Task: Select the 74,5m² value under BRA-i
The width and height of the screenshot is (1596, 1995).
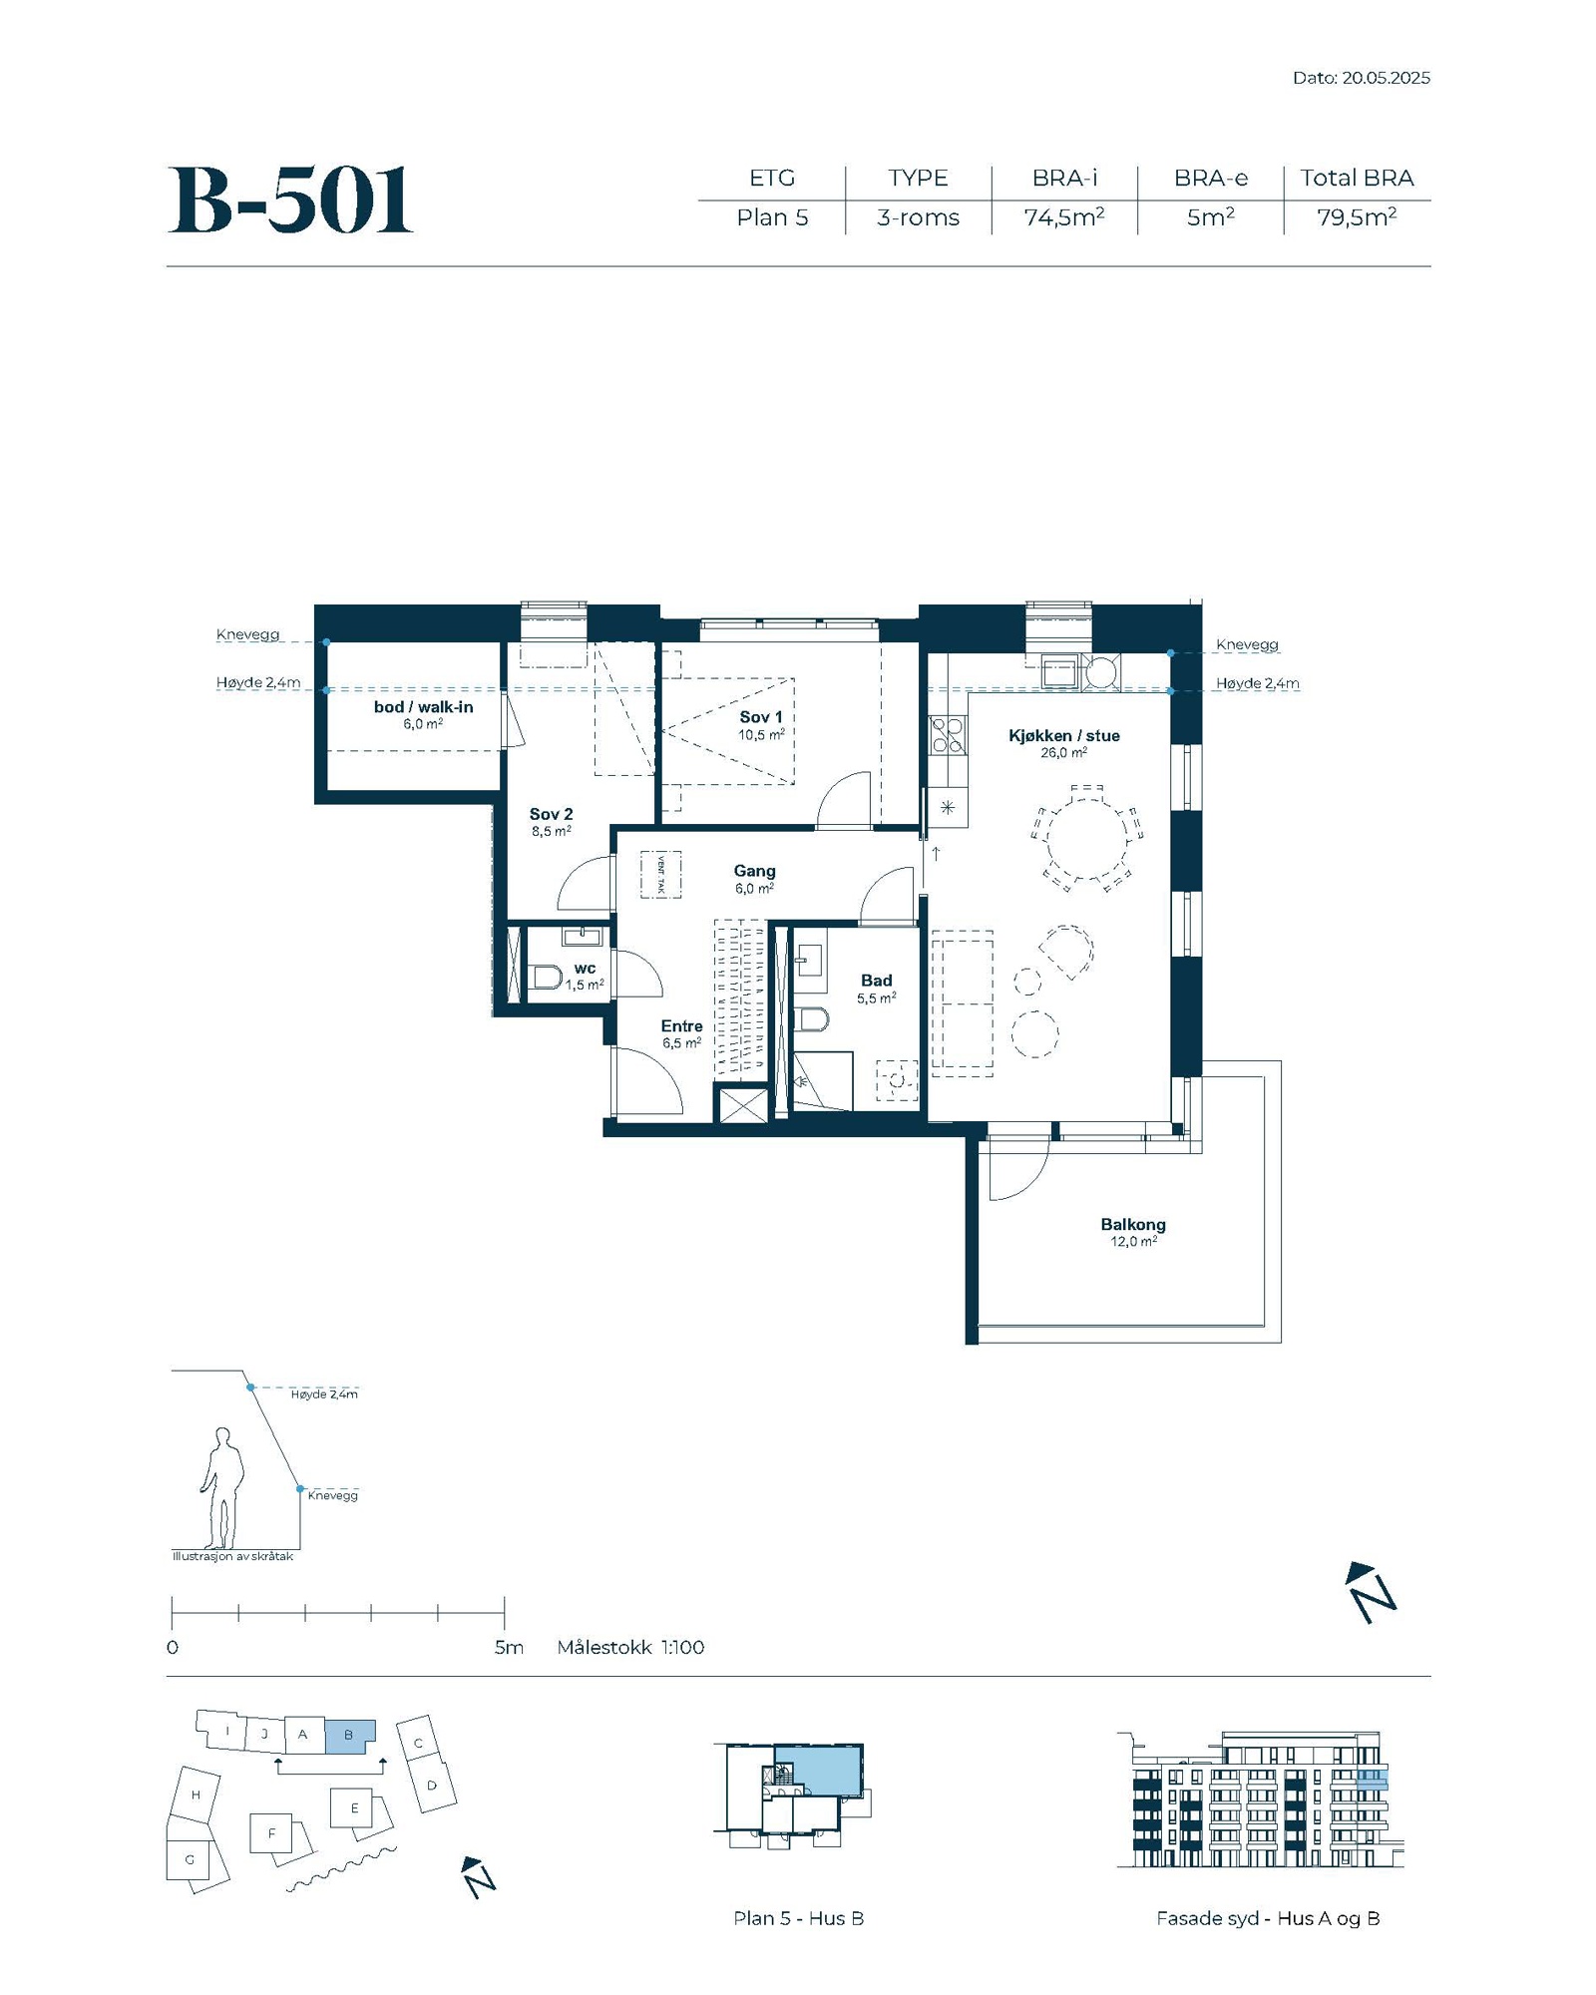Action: (1064, 217)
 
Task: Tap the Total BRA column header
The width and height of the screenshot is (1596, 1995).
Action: (1357, 178)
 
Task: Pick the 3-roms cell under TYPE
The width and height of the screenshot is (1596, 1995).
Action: (918, 217)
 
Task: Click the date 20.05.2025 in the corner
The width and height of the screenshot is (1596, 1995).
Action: (1386, 78)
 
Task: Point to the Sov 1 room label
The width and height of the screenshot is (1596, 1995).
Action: (761, 717)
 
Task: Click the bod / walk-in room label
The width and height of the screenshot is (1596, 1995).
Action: (423, 707)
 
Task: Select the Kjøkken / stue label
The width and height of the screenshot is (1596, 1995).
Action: (1063, 736)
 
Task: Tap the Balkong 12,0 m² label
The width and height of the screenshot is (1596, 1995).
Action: (1133, 1232)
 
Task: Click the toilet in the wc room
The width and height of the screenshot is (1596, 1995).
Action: (547, 976)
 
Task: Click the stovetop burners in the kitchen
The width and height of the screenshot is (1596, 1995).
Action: (947, 735)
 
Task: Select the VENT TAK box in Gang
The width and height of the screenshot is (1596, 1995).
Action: (660, 875)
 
